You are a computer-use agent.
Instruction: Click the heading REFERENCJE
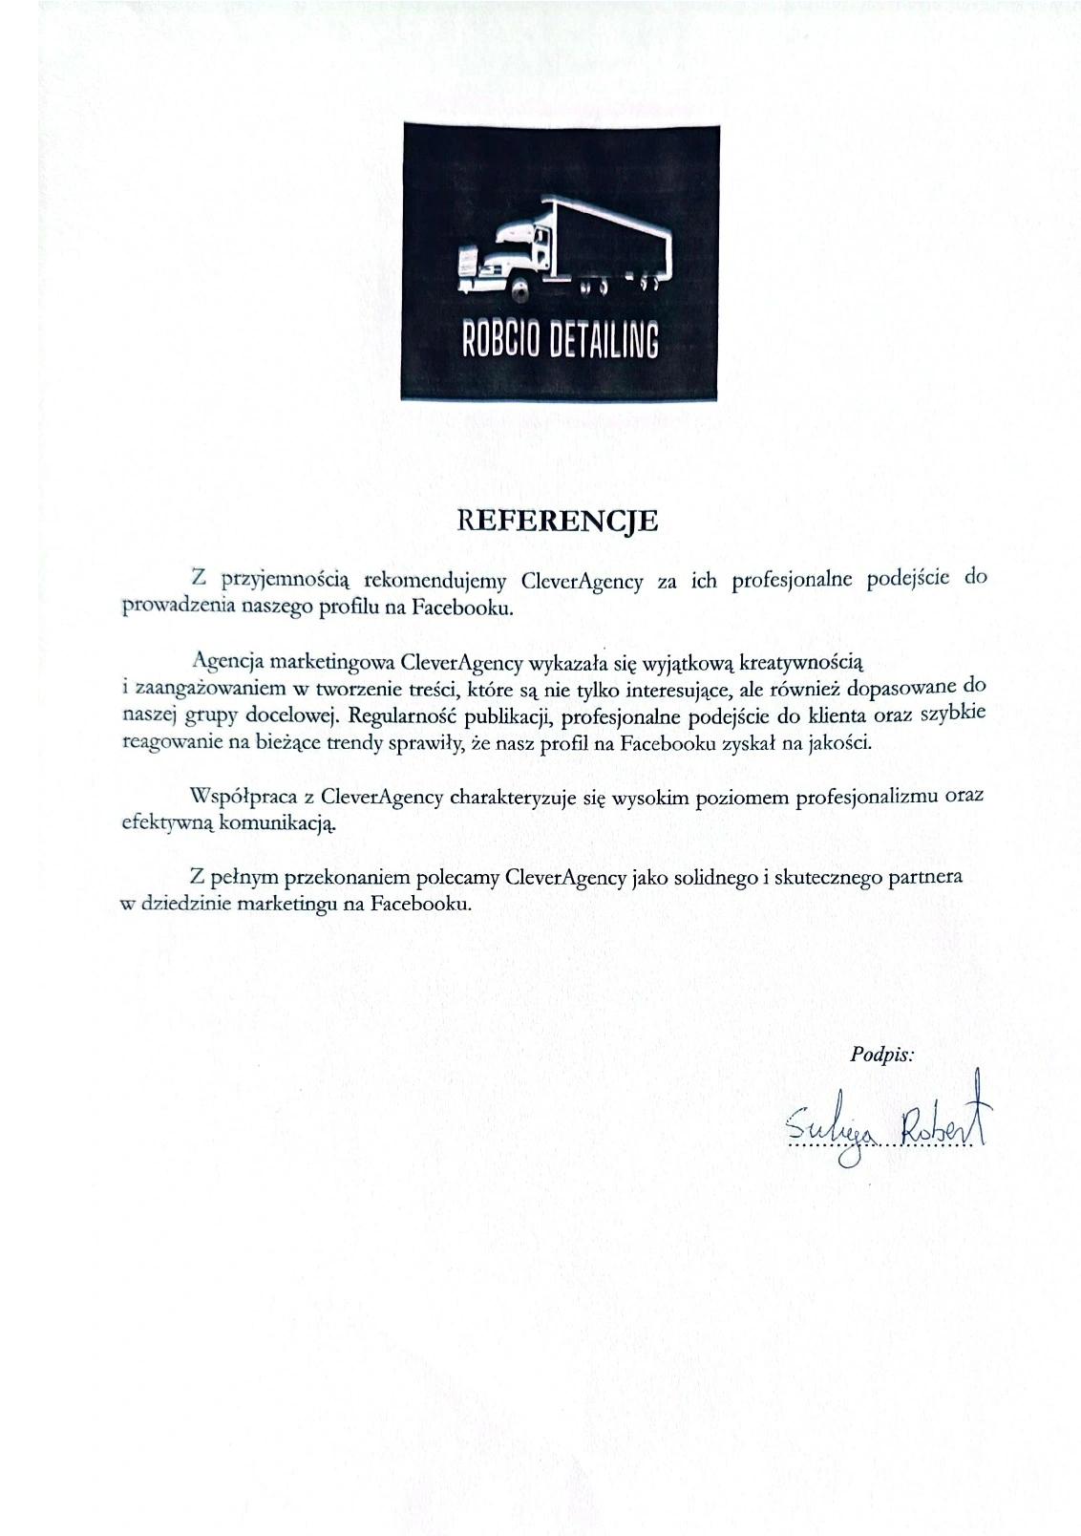point(559,521)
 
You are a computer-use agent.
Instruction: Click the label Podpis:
point(881,1055)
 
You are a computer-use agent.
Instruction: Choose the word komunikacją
point(278,822)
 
